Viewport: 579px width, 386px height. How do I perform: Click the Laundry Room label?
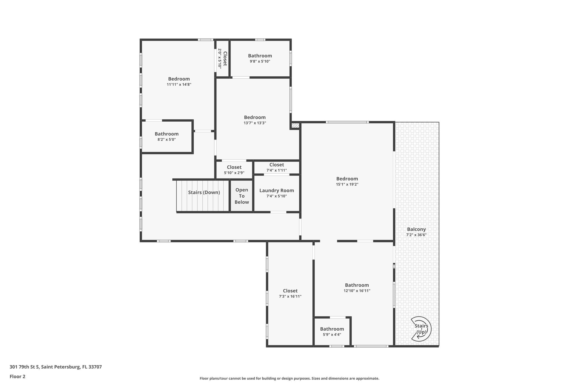pos(276,191)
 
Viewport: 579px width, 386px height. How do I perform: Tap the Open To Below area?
pos(242,196)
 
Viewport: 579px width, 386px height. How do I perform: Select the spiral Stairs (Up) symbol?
pos(421,329)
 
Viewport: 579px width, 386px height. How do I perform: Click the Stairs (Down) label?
pos(204,193)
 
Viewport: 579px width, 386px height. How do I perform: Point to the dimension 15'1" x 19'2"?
pos(347,184)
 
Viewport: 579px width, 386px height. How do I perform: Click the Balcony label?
pos(416,229)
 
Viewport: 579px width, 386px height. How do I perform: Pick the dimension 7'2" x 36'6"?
pos(416,235)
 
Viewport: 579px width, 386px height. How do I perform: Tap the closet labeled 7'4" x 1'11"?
pos(276,167)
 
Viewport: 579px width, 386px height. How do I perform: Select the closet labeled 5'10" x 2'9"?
pos(234,170)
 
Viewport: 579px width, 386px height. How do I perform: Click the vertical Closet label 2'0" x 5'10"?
pos(222,59)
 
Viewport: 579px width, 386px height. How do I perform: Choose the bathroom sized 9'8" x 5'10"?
pos(260,58)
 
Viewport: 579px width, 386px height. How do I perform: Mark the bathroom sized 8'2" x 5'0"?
pos(167,137)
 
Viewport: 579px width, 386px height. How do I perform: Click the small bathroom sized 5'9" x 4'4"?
pos(332,331)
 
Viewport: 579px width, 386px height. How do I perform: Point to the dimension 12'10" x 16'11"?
pos(357,291)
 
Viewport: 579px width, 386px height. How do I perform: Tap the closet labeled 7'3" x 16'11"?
pos(290,294)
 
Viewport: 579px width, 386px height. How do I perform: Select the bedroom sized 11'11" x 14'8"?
pos(179,81)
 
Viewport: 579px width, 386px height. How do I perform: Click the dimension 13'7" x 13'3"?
pos(255,123)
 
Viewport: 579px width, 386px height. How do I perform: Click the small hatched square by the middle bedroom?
pos(295,126)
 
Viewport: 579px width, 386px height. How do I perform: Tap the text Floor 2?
pos(18,377)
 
